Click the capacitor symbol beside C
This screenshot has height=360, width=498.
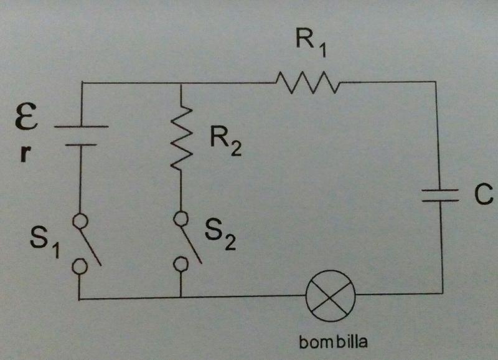(x=443, y=196)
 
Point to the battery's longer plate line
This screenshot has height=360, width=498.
(x=81, y=126)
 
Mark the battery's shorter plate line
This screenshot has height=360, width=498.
(x=81, y=144)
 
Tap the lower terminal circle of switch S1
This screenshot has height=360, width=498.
(x=80, y=266)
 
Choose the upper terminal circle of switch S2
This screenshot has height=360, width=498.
(x=181, y=219)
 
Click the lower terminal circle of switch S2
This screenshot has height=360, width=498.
(x=181, y=265)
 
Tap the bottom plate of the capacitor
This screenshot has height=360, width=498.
(x=443, y=201)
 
